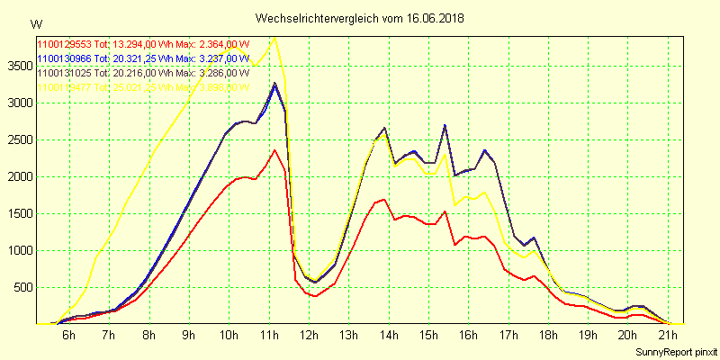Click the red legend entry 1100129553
click(x=64, y=44)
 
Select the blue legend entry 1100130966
click(x=64, y=58)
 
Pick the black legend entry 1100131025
click(x=64, y=73)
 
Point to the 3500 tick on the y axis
click(x=18, y=66)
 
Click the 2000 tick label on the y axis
click(x=18, y=176)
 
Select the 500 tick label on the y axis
click(x=21, y=287)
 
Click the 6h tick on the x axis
click(x=68, y=335)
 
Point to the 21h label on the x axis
click(x=667, y=335)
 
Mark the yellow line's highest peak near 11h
click(x=275, y=38)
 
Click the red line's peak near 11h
click(x=274, y=149)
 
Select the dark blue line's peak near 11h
click(x=274, y=84)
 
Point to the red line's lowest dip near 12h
click(x=315, y=296)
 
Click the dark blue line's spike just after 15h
click(x=445, y=125)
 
